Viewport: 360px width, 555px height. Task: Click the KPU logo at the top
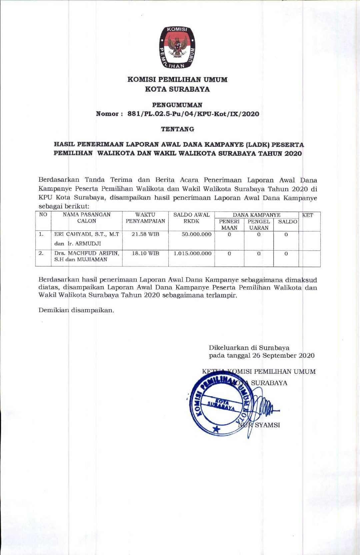point(177,48)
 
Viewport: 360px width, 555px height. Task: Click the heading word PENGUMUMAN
point(177,105)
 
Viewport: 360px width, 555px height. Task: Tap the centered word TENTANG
point(177,128)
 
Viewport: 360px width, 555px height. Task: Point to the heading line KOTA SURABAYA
point(177,89)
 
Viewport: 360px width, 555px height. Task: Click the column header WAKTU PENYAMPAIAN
point(145,218)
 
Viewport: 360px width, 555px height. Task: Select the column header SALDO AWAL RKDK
point(191,218)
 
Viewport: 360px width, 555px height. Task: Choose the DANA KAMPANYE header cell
point(256,215)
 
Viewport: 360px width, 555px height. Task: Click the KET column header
point(307,215)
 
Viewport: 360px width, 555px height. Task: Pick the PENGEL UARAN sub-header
point(259,224)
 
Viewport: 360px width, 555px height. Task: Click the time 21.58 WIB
point(145,234)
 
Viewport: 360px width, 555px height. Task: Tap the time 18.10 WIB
point(145,253)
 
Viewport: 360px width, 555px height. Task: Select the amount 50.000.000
point(197,234)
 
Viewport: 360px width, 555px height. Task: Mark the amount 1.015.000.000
point(193,253)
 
